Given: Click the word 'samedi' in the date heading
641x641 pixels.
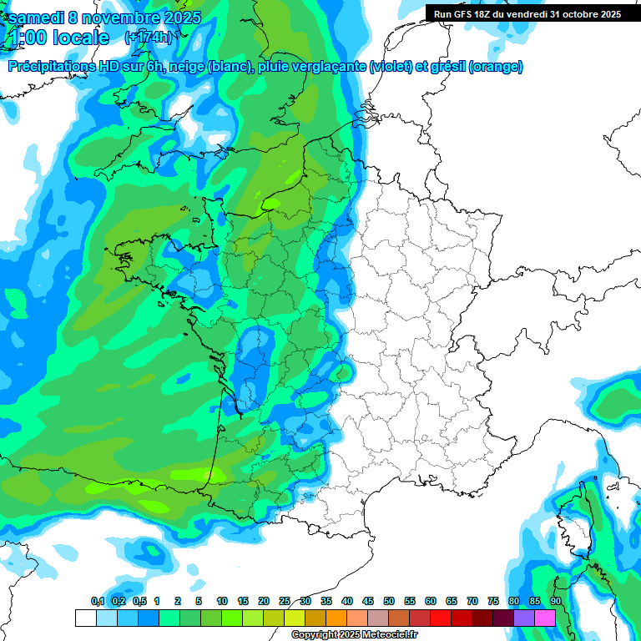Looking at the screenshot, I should pyautogui.click(x=36, y=17).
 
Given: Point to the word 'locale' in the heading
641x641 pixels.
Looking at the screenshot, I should pyautogui.click(x=80, y=38).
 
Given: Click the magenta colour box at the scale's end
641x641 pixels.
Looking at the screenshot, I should pyautogui.click(x=545, y=618).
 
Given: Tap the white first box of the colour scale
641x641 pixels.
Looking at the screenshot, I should pyautogui.click(x=85, y=618).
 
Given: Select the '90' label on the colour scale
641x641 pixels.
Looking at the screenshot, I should pyautogui.click(x=555, y=601).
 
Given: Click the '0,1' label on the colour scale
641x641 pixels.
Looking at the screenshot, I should pyautogui.click(x=97, y=601).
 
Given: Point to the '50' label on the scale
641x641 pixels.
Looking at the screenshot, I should pyautogui.click(x=388, y=601).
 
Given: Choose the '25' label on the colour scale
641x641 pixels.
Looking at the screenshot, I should pyautogui.click(x=285, y=601).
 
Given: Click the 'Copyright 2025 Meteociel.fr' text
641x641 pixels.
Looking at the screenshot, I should pyautogui.click(x=354, y=634).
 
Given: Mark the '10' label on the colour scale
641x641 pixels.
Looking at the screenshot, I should pyautogui.click(x=222, y=601).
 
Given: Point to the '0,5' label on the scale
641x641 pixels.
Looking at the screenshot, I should pyautogui.click(x=139, y=601).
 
